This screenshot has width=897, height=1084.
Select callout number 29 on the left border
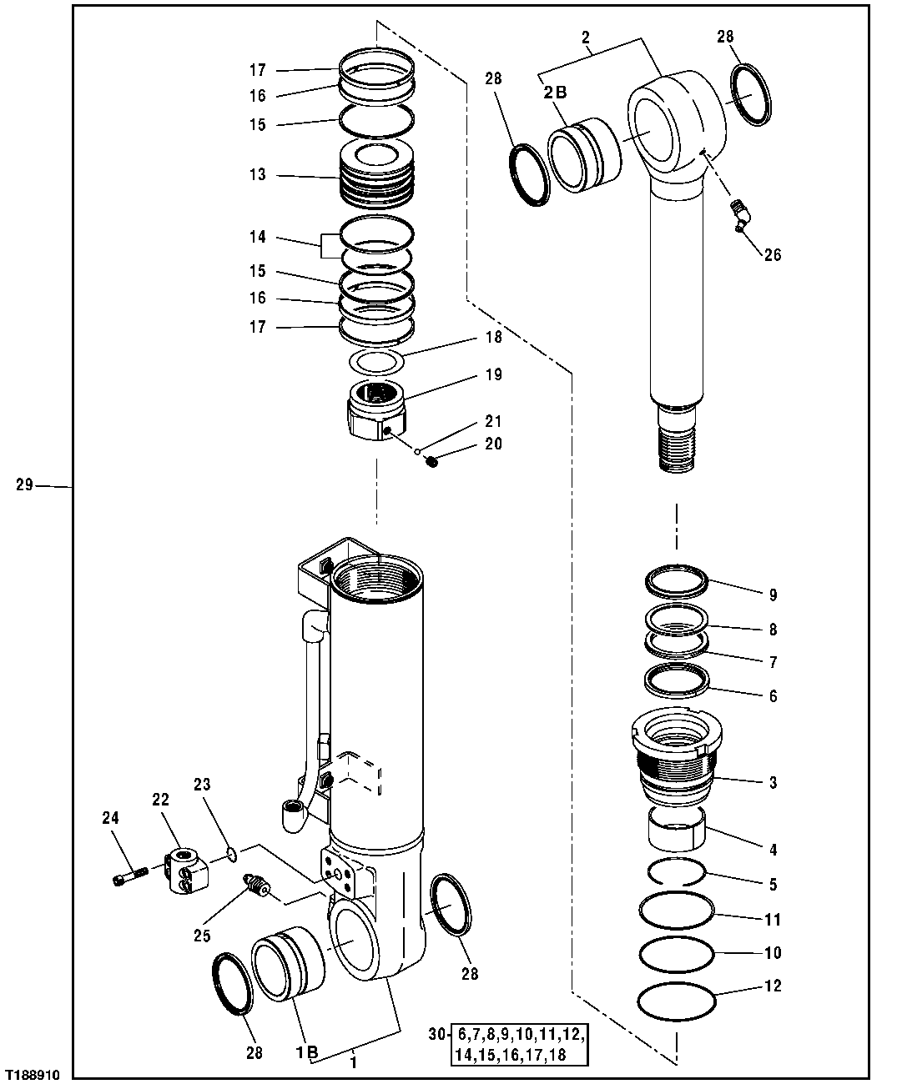coord(25,484)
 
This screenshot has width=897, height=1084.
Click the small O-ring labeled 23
coord(232,853)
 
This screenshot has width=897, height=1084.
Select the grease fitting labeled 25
coord(256,887)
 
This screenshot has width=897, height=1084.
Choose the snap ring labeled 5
coord(678,871)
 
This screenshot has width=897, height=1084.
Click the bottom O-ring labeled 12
coord(676,1000)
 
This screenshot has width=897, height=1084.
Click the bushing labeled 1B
coord(289,967)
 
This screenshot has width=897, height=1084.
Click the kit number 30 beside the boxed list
coord(436,1035)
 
